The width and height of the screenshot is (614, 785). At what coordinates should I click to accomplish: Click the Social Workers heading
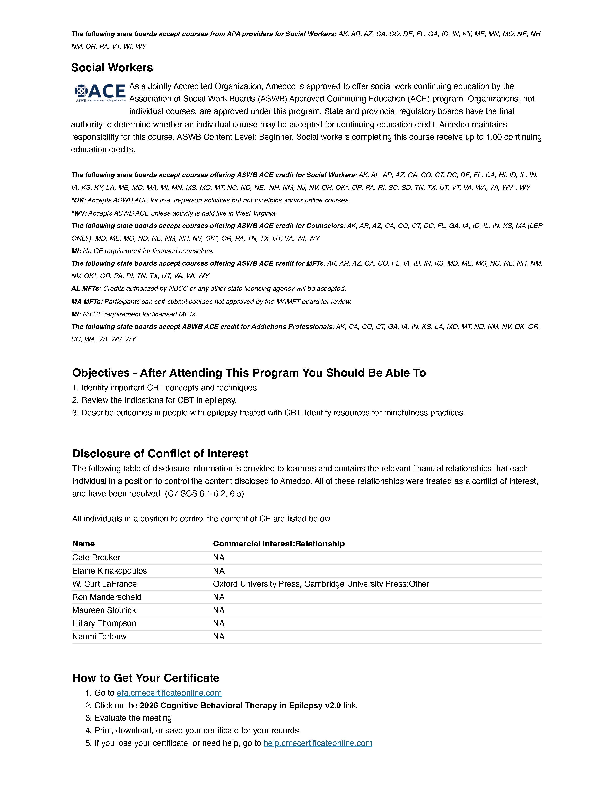click(112, 68)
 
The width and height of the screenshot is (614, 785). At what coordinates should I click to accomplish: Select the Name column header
click(83, 543)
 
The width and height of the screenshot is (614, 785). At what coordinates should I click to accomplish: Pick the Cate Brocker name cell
click(96, 558)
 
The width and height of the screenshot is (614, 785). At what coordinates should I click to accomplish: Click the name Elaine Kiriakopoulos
click(109, 571)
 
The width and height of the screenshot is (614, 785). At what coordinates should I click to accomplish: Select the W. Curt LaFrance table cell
click(104, 584)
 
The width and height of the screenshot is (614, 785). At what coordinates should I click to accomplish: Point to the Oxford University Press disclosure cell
click(321, 584)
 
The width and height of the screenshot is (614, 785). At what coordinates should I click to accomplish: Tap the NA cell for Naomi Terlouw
click(219, 637)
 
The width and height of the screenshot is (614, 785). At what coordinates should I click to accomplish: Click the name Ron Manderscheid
click(107, 597)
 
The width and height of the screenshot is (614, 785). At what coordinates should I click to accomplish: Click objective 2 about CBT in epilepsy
click(155, 400)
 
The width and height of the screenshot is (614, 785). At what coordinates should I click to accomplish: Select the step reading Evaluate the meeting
click(134, 718)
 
